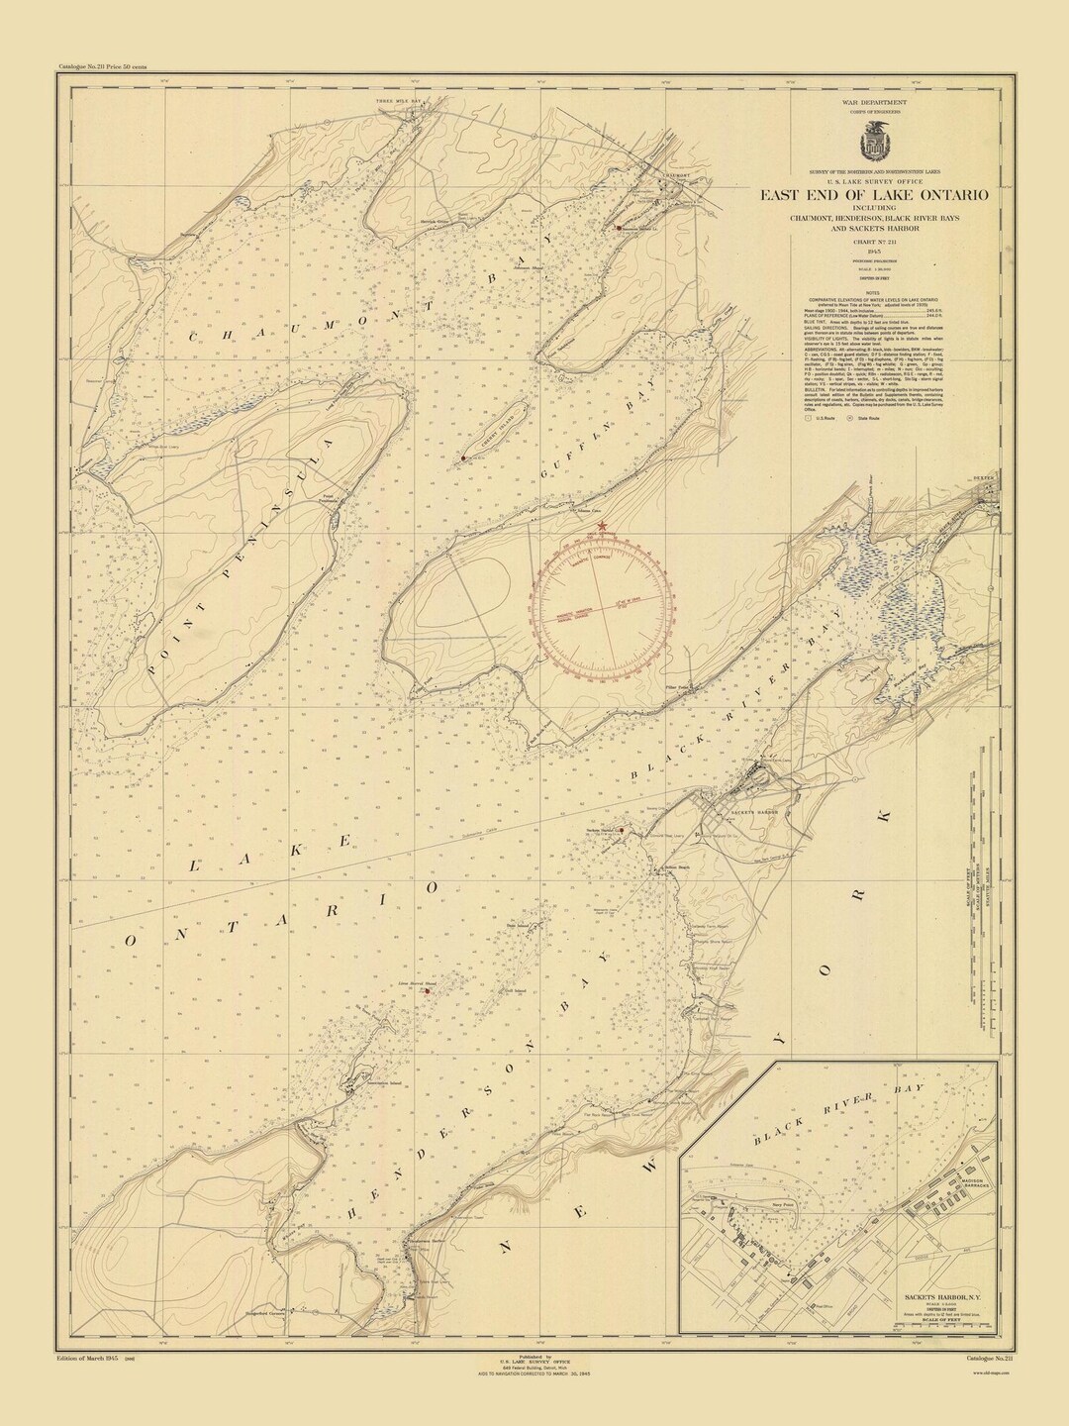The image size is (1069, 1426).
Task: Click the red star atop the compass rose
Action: click(x=603, y=526)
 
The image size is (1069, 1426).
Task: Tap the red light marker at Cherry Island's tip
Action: click(x=463, y=459)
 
